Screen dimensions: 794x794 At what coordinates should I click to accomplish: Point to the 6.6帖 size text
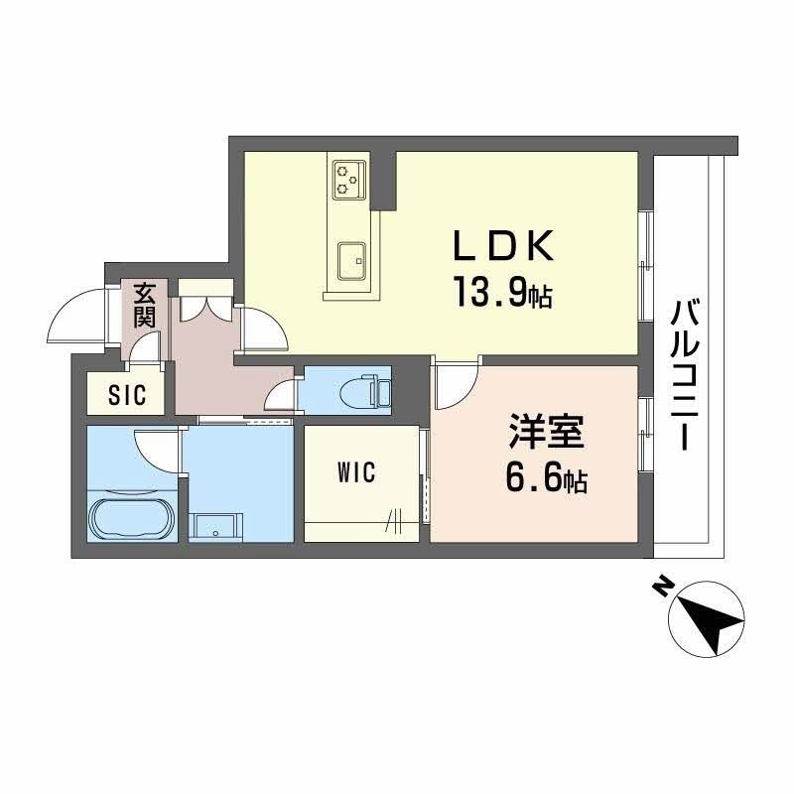pos(545,481)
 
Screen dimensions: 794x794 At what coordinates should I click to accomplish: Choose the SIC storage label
pos(128,395)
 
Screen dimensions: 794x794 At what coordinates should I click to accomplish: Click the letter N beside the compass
pos(659,589)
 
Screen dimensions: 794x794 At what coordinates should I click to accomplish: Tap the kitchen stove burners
pos(348,178)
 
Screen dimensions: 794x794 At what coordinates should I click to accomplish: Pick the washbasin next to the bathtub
pos(215,526)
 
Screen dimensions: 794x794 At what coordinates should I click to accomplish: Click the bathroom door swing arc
pos(157,449)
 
